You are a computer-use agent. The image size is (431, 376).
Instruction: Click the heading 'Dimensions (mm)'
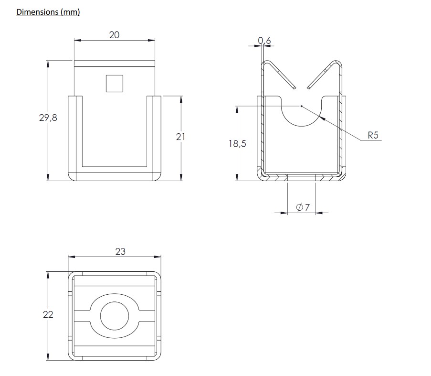(x=48, y=12)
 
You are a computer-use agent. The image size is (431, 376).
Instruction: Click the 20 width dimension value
(x=114, y=34)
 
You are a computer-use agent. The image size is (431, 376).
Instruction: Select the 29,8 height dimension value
(x=48, y=118)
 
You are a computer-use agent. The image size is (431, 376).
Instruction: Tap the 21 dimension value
(x=180, y=137)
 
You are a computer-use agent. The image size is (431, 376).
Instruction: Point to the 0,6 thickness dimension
(x=264, y=41)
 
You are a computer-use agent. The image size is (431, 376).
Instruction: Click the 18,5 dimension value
(x=237, y=143)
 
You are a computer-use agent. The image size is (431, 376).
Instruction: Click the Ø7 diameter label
(x=303, y=207)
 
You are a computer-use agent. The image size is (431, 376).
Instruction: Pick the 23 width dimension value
(x=120, y=251)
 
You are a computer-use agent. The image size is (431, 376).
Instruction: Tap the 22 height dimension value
(x=48, y=315)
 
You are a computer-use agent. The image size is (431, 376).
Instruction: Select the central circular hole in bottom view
(x=115, y=316)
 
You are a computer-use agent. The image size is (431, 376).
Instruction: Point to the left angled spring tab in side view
(x=280, y=74)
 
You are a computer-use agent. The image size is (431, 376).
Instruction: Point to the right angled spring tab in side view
(x=325, y=75)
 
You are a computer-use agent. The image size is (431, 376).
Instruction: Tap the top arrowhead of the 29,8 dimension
(x=48, y=64)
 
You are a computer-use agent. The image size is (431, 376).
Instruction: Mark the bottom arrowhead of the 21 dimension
(x=181, y=178)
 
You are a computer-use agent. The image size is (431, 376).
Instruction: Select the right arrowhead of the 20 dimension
(x=152, y=40)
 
